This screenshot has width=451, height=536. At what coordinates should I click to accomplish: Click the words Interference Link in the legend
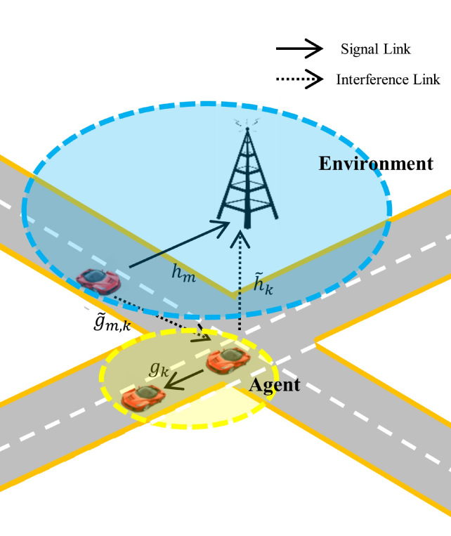click(x=388, y=79)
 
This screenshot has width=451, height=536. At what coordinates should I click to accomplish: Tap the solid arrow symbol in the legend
click(x=299, y=49)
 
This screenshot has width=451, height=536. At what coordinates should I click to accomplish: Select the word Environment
click(x=376, y=164)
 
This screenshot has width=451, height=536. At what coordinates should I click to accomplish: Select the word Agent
click(x=275, y=385)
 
